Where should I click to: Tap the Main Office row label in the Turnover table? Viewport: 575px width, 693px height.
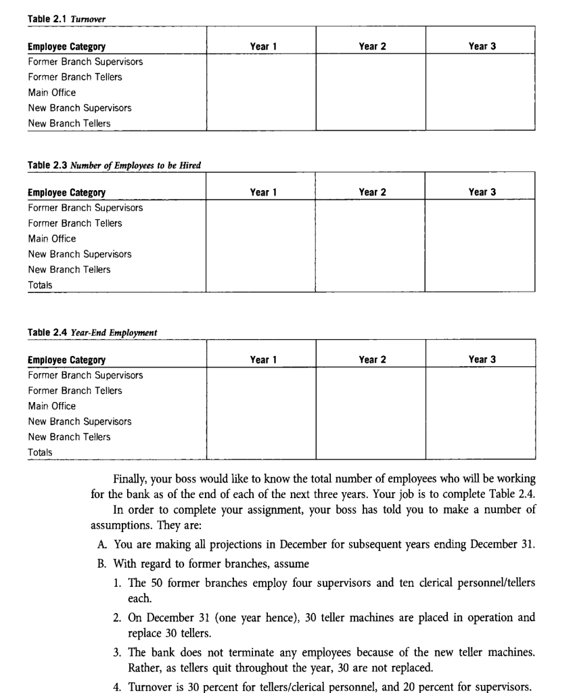click(x=52, y=93)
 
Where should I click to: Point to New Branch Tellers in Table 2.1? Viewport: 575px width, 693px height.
click(x=69, y=123)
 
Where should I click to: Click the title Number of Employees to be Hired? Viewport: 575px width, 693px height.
click(x=135, y=165)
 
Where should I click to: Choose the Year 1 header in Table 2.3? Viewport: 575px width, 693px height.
click(x=262, y=192)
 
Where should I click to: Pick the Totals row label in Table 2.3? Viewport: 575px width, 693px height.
click(x=40, y=285)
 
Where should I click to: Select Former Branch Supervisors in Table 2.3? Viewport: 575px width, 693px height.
click(x=85, y=208)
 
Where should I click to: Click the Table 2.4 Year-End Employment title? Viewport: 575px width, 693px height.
click(x=92, y=332)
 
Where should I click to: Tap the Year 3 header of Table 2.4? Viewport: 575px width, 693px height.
click(x=482, y=359)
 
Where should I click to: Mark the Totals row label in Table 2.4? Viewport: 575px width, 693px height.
click(x=40, y=452)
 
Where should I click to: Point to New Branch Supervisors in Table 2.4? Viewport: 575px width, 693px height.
click(x=80, y=422)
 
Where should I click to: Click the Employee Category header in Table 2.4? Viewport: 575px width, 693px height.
click(x=66, y=360)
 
